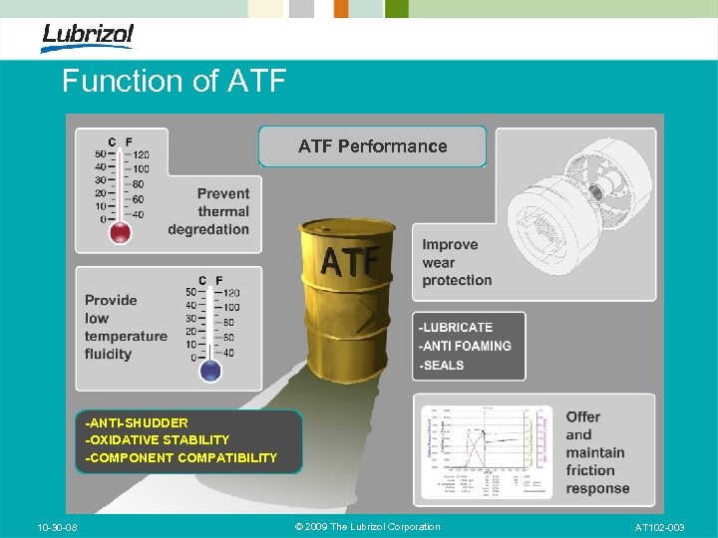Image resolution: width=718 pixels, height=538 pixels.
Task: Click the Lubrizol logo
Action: [x=87, y=37]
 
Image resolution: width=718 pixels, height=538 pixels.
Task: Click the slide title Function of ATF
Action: [x=174, y=81]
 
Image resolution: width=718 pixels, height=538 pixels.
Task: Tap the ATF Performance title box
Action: [x=372, y=146]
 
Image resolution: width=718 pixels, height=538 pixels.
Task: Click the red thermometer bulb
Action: [x=121, y=233]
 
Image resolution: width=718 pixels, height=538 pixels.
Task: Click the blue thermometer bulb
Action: [x=209, y=371]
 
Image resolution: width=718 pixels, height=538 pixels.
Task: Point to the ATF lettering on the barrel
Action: [x=349, y=261]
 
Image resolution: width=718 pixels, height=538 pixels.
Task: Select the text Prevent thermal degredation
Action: [x=209, y=211]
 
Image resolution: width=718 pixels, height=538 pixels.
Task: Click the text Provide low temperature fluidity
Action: [x=125, y=327]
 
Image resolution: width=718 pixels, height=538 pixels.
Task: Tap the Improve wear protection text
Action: [x=457, y=262]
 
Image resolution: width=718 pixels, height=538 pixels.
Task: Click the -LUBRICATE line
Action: [x=456, y=327]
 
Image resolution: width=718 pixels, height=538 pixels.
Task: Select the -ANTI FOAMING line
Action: [x=465, y=346]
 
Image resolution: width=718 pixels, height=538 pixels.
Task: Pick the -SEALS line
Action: [x=442, y=365]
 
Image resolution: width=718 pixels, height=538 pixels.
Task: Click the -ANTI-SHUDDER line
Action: [x=137, y=422]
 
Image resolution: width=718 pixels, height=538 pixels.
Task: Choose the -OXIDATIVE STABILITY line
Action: [x=158, y=439]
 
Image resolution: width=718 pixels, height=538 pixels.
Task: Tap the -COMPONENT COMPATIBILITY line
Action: [x=181, y=457]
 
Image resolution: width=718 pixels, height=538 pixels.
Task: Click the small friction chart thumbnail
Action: [x=487, y=450]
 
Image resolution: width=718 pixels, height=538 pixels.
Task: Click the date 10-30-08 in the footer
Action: [x=59, y=527]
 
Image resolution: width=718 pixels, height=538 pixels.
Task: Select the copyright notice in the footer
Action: [x=368, y=527]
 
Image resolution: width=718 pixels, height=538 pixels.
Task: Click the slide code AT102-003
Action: [x=659, y=527]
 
